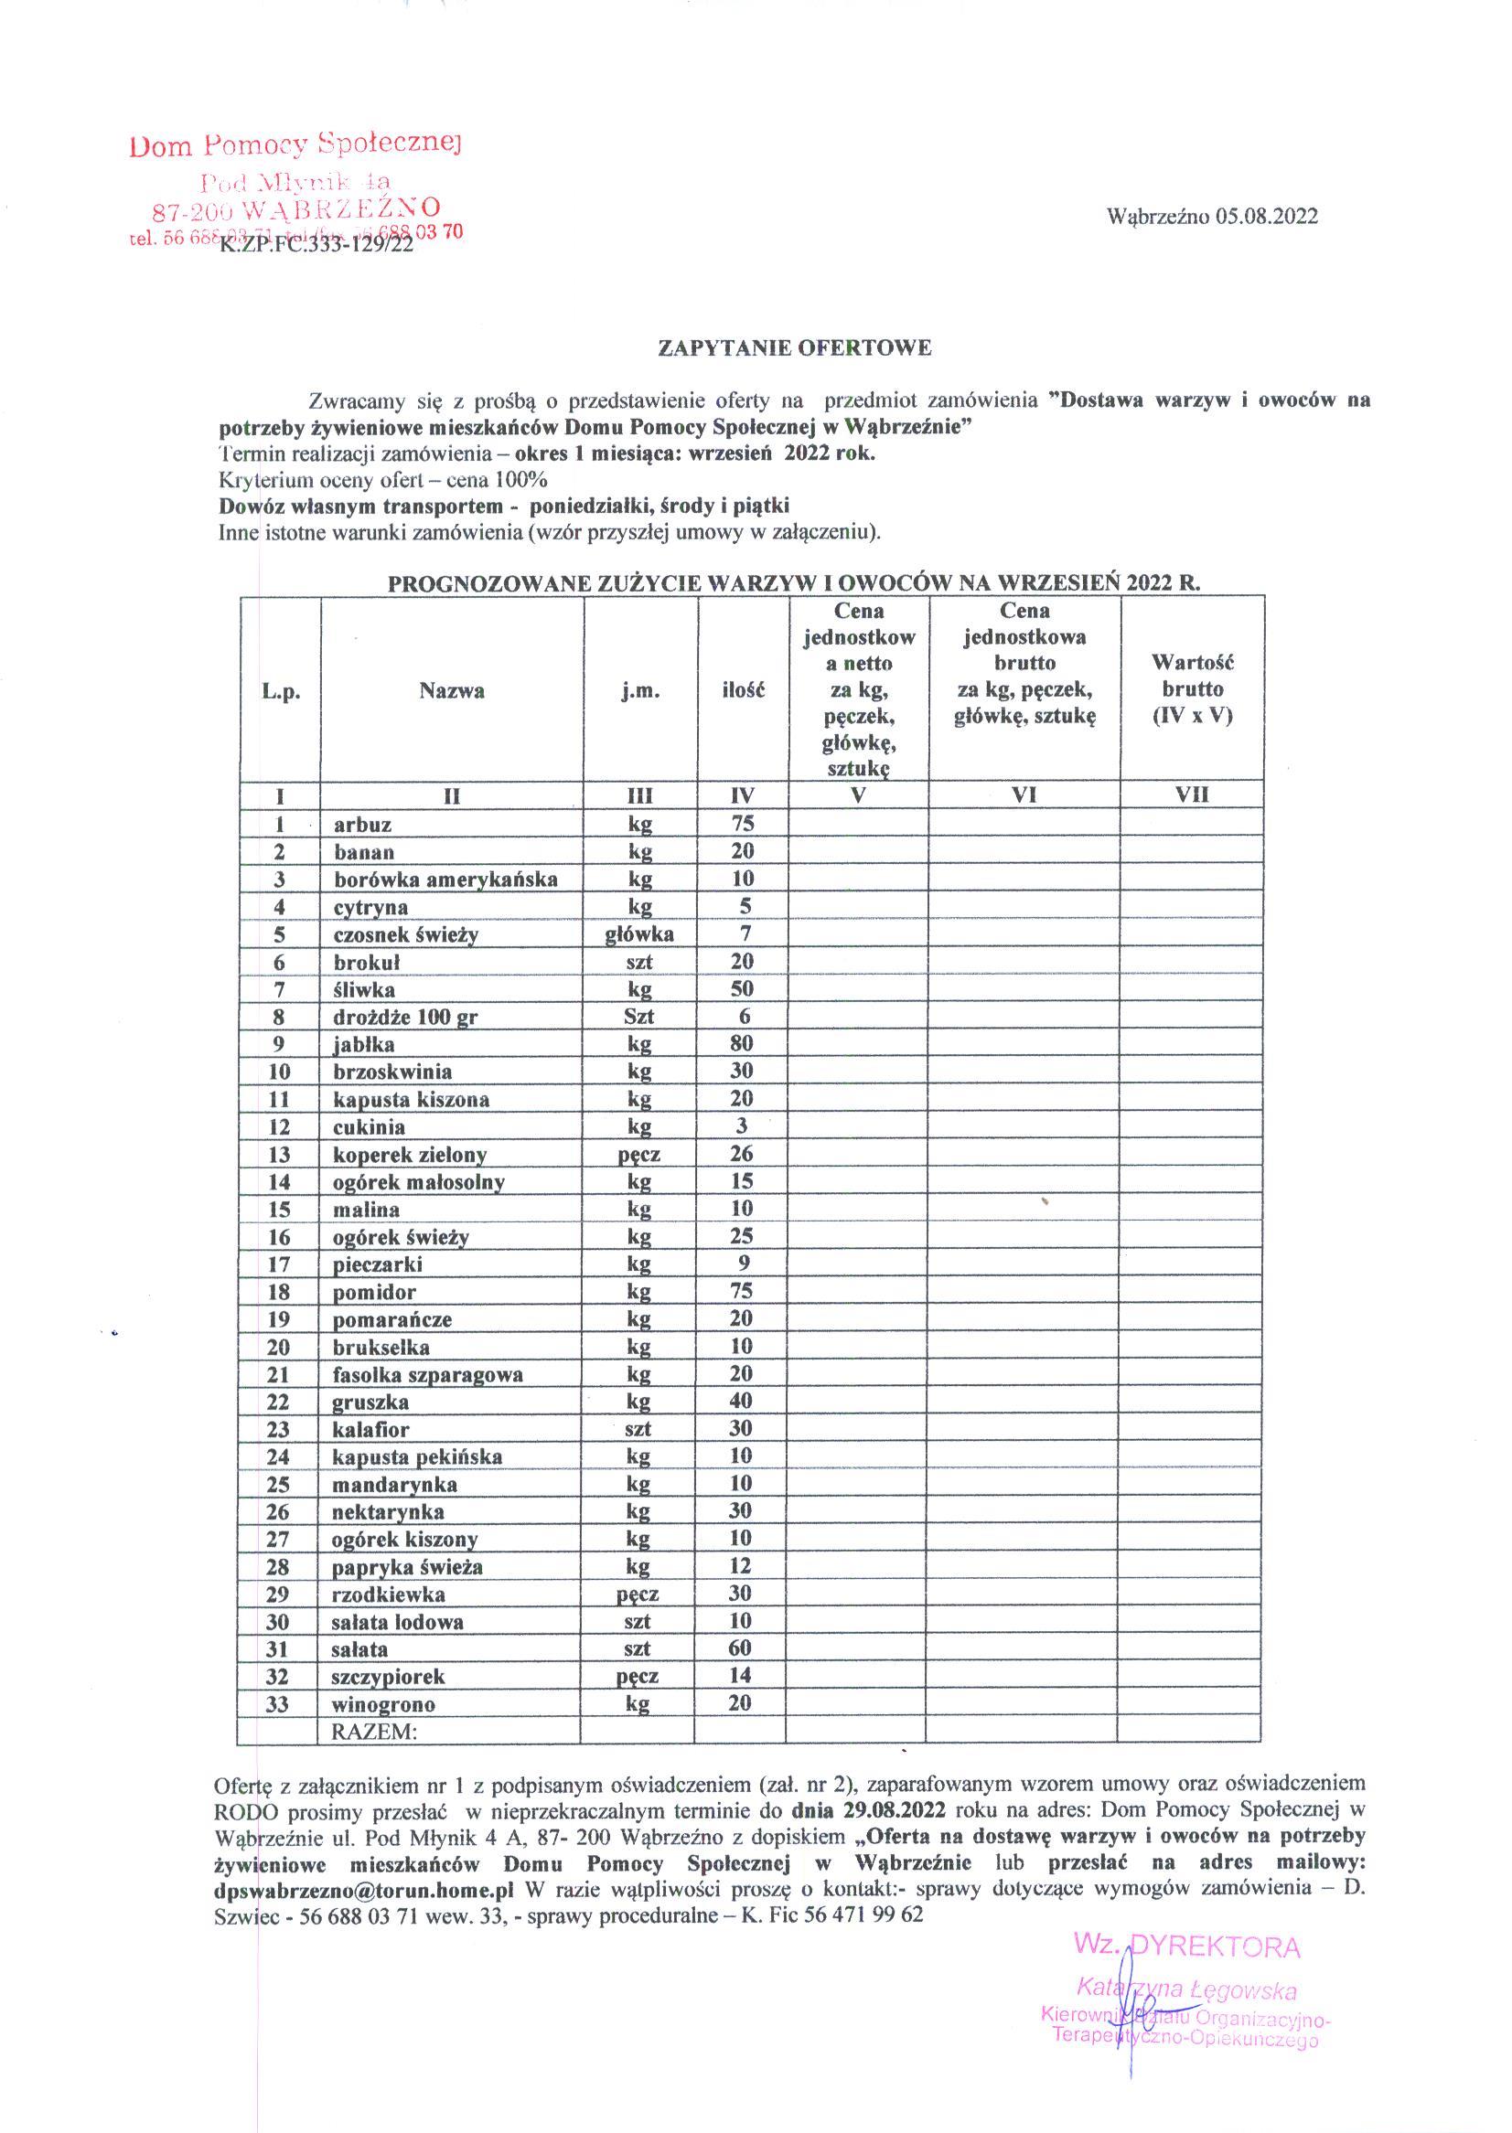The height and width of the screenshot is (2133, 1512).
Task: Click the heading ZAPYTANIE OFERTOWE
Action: point(794,349)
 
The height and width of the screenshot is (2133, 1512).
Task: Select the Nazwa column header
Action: point(452,690)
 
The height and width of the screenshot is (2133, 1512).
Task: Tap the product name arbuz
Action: point(362,825)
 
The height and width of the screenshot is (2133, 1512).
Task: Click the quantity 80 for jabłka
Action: point(742,1043)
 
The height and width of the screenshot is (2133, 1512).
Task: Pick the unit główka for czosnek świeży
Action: point(639,934)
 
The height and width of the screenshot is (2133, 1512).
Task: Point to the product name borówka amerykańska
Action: point(445,880)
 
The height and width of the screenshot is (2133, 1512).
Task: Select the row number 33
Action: point(277,1704)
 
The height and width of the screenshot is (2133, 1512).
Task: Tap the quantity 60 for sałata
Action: point(740,1648)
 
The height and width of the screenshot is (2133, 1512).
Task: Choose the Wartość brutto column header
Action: point(1192,689)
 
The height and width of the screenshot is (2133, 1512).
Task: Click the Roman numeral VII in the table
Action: point(1192,795)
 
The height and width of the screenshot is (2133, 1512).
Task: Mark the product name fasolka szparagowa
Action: point(427,1374)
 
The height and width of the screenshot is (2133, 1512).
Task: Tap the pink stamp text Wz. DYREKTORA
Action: point(1187,1946)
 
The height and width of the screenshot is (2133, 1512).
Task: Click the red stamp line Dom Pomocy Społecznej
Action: point(296,145)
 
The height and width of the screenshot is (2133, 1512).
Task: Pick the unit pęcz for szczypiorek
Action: point(638,1676)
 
